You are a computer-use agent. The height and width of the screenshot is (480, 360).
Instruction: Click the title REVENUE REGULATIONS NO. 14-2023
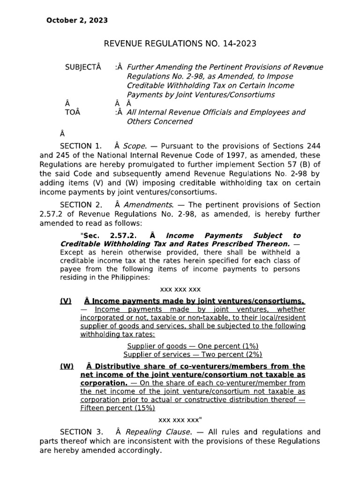(180, 44)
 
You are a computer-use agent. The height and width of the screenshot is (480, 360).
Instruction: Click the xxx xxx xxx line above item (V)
(180, 289)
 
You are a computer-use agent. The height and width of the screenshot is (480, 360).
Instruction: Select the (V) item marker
(66, 301)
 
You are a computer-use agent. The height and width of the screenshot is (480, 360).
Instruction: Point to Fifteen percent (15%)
(117, 408)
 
